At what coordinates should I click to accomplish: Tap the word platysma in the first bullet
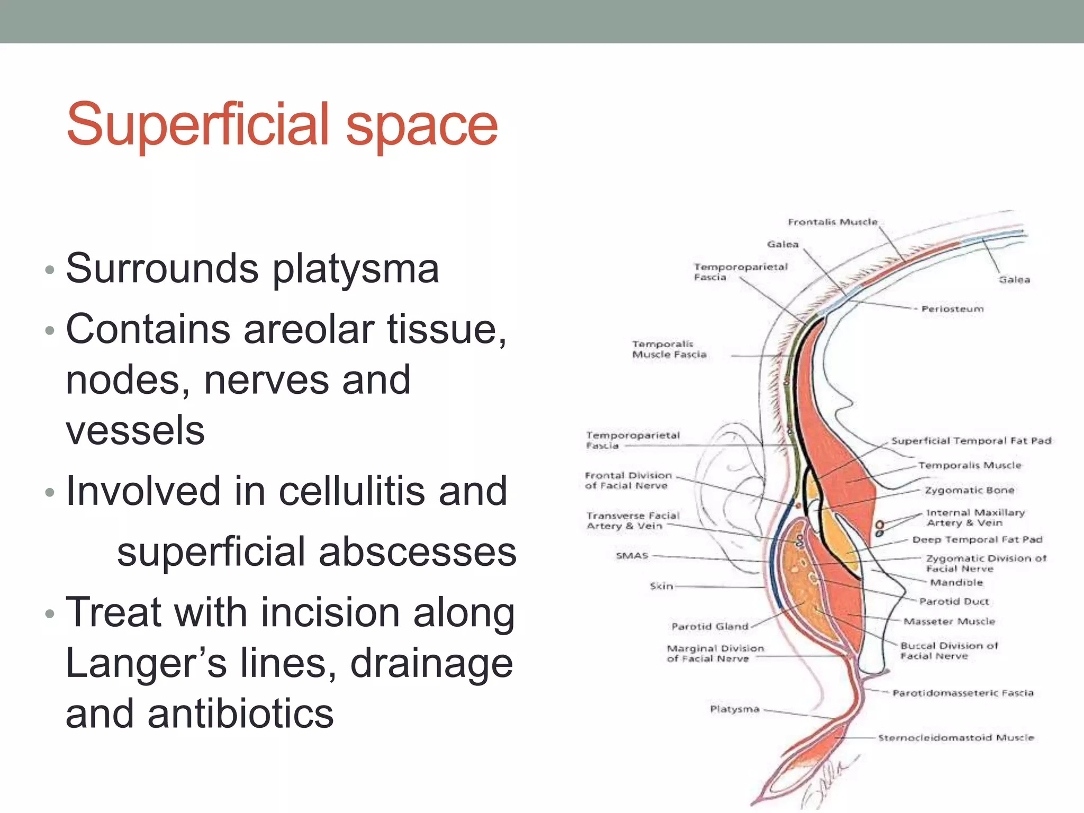[x=356, y=269]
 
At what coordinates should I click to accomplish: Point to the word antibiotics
[x=241, y=713]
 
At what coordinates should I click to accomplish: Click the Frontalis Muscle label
[x=833, y=222]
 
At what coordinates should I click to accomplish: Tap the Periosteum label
[x=952, y=309]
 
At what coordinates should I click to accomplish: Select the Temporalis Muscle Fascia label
[x=669, y=349]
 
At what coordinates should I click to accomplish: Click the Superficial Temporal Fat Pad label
[x=971, y=440]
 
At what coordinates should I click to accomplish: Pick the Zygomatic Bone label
[x=970, y=490]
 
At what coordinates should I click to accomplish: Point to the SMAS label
[x=632, y=555]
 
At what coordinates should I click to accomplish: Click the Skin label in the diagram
[x=661, y=586]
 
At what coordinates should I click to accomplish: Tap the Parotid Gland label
[x=710, y=626]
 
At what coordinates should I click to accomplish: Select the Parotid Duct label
[x=954, y=601]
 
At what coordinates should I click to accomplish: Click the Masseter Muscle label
[x=949, y=621]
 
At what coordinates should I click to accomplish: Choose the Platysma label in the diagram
[x=735, y=709]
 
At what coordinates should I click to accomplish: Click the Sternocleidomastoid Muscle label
[x=956, y=737]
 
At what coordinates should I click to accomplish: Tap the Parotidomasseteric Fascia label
[x=963, y=693]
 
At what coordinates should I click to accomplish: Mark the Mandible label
[x=956, y=582]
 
